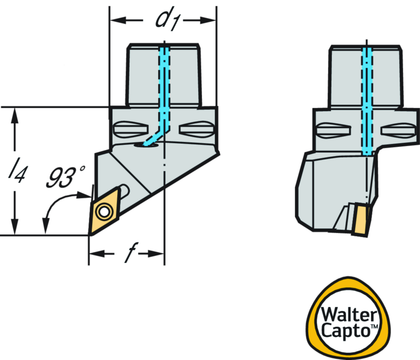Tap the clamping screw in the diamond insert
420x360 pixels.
(x=104, y=212)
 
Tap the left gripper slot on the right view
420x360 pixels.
(x=334, y=130)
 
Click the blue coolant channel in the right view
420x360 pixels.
(x=367, y=103)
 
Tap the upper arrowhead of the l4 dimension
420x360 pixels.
(x=15, y=115)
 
